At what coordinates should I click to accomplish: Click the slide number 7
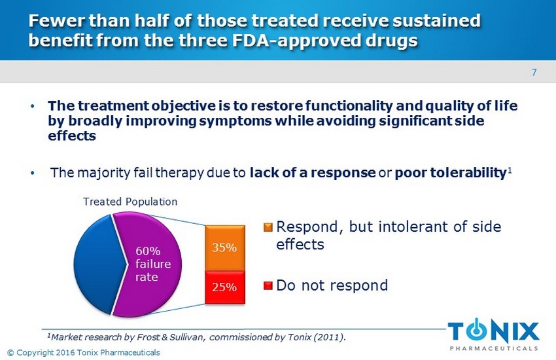pos(534,72)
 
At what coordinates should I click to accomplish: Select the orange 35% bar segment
pos(225,248)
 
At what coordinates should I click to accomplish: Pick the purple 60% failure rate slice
pos(147,262)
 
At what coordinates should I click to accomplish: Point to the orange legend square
pos(268,228)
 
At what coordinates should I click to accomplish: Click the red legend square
pos(268,286)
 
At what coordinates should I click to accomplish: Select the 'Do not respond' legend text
pos(332,285)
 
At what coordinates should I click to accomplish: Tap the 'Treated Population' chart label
pos(130,202)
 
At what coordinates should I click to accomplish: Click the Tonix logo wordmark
pos(494,330)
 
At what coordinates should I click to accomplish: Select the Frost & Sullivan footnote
pos(196,337)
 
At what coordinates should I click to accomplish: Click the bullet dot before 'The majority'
pos(33,174)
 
